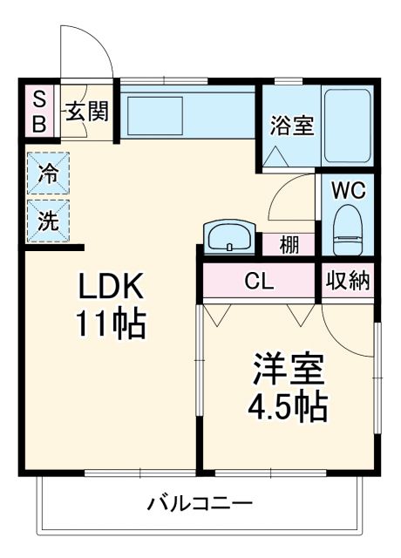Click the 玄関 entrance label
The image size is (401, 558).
87,112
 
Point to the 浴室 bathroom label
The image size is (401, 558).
290,126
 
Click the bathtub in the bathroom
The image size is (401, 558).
348,126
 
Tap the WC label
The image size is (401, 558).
347,189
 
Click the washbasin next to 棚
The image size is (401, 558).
230,236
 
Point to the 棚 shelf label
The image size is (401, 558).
290,245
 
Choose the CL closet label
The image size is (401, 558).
258,282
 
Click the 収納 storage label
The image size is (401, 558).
348,281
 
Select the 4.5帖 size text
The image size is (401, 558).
289,406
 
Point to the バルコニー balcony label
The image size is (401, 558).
200,503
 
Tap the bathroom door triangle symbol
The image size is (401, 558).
278,156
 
